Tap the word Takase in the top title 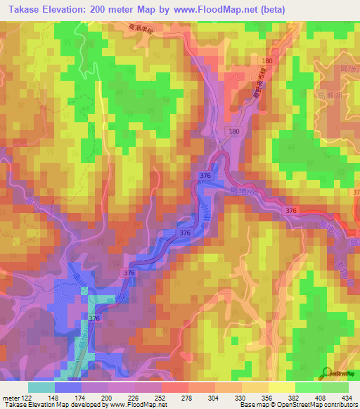[x=23, y=9]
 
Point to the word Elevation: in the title [x=73, y=9]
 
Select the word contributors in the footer [x=338, y=405]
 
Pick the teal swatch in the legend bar [x=41, y=387]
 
